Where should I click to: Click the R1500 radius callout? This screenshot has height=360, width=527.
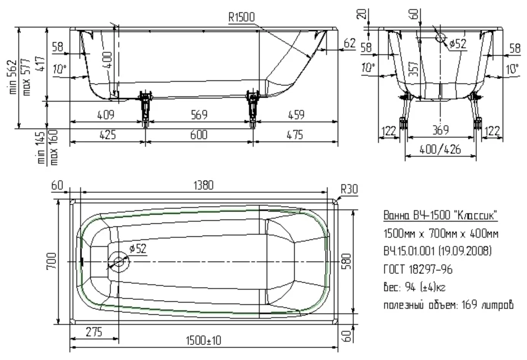click(x=242, y=17)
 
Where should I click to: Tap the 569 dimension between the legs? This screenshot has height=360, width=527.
click(x=199, y=115)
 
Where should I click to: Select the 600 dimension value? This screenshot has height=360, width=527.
click(x=199, y=135)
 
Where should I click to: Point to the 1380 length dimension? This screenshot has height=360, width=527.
click(x=204, y=185)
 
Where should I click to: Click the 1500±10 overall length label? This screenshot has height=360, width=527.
click(x=204, y=341)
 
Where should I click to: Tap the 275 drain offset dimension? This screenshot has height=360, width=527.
click(x=94, y=332)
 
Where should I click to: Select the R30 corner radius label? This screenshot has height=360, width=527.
click(x=349, y=189)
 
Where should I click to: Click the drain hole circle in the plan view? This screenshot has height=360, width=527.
click(x=118, y=262)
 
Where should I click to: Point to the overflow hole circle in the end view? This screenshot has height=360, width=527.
click(x=440, y=37)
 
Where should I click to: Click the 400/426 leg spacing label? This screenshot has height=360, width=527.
click(x=440, y=149)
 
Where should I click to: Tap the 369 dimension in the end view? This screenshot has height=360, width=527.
click(x=441, y=130)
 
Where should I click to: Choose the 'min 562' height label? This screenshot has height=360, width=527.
click(x=13, y=77)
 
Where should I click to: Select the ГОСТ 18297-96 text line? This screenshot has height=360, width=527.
click(x=418, y=269)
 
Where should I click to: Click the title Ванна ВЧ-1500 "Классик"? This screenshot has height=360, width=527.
click(x=440, y=215)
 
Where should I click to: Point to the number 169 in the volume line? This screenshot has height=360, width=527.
click(x=469, y=305)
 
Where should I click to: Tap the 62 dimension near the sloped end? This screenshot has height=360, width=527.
click(x=349, y=43)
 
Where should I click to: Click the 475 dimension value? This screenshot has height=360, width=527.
click(x=295, y=135)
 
